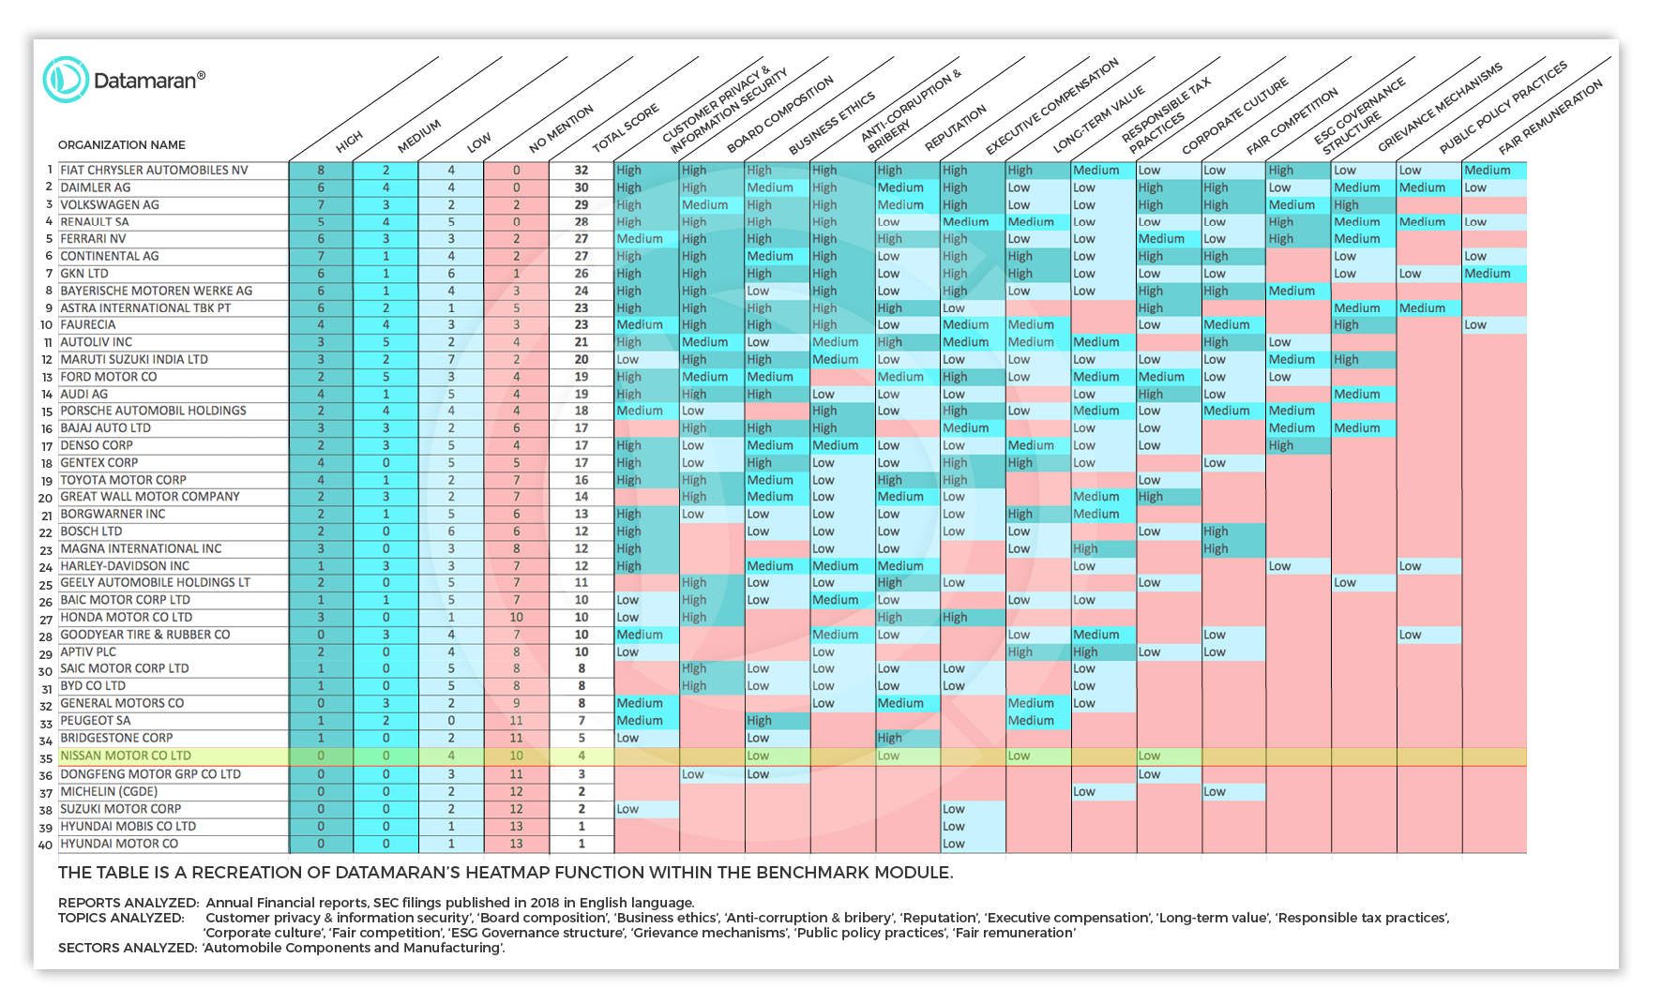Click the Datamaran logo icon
click(66, 80)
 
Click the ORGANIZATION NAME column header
click(122, 145)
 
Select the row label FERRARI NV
click(93, 239)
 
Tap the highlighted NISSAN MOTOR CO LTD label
click(126, 756)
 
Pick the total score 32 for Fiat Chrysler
click(582, 171)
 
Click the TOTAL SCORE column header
click(626, 129)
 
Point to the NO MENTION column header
click(561, 129)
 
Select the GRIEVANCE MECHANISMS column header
click(1439, 109)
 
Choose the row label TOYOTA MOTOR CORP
click(123, 480)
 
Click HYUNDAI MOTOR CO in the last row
click(119, 844)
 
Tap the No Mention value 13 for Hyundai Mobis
click(516, 827)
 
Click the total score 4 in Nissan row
click(582, 756)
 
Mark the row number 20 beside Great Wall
click(45, 498)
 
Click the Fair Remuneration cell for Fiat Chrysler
click(1493, 171)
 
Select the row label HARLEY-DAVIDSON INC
click(125, 566)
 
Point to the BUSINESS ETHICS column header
click(831, 124)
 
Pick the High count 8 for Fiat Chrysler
click(321, 171)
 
